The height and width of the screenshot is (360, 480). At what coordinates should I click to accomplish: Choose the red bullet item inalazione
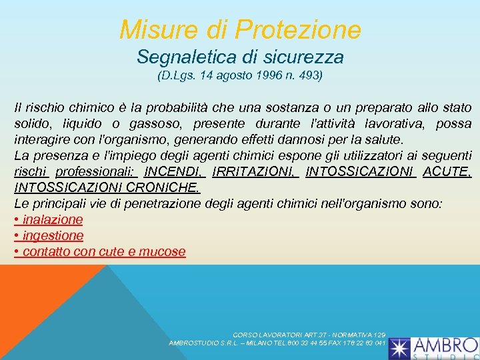coord(53,219)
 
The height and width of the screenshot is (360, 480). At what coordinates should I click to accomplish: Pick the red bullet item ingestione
coord(53,235)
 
